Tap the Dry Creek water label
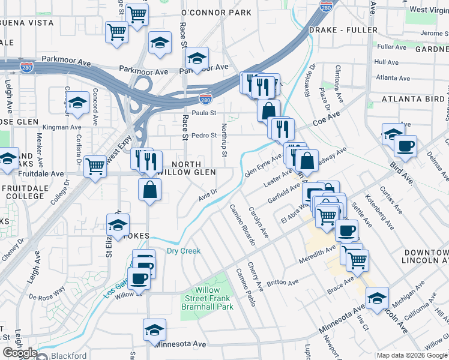[183, 251]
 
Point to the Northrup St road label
[224, 141]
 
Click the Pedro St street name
[203, 136]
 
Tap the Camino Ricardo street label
[243, 224]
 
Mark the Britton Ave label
[282, 282]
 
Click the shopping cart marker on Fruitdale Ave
[95, 166]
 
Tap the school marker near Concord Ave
[77, 102]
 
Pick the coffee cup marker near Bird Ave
[405, 145]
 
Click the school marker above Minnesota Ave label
[154, 329]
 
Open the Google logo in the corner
[20, 353]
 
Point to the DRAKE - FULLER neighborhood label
[343, 29]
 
